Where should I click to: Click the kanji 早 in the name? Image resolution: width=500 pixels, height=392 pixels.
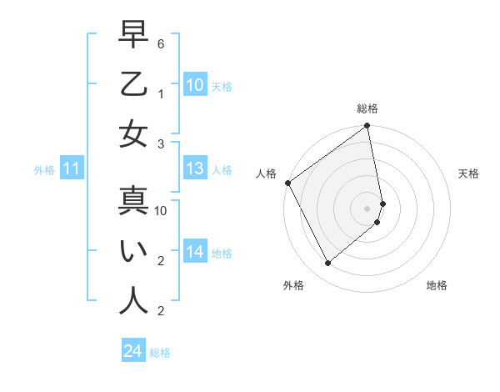(133, 36)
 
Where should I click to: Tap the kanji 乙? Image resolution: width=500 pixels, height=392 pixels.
(133, 85)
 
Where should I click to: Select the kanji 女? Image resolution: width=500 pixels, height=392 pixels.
(133, 134)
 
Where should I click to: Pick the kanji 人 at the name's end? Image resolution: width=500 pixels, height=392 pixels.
(133, 300)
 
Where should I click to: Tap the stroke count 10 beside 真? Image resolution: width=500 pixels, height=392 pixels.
(161, 211)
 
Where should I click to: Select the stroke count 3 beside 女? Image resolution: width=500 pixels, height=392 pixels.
(161, 143)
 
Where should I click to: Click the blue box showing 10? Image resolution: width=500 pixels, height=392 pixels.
(194, 85)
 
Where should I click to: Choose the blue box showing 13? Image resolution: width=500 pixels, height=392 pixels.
(194, 168)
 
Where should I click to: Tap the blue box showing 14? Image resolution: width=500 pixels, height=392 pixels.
(194, 252)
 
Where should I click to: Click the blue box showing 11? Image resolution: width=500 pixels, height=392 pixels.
(71, 169)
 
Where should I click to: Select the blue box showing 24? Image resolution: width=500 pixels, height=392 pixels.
(132, 352)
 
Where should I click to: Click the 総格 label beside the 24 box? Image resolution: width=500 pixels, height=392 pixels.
(160, 353)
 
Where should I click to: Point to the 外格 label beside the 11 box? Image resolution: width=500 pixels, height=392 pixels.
(44, 170)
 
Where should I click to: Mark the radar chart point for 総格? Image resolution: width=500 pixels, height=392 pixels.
(367, 127)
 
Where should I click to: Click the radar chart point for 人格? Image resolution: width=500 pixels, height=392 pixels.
(287, 183)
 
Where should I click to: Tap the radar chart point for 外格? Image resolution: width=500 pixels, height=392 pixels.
(328, 264)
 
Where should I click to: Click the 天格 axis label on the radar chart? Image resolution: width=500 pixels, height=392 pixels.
(468, 173)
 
